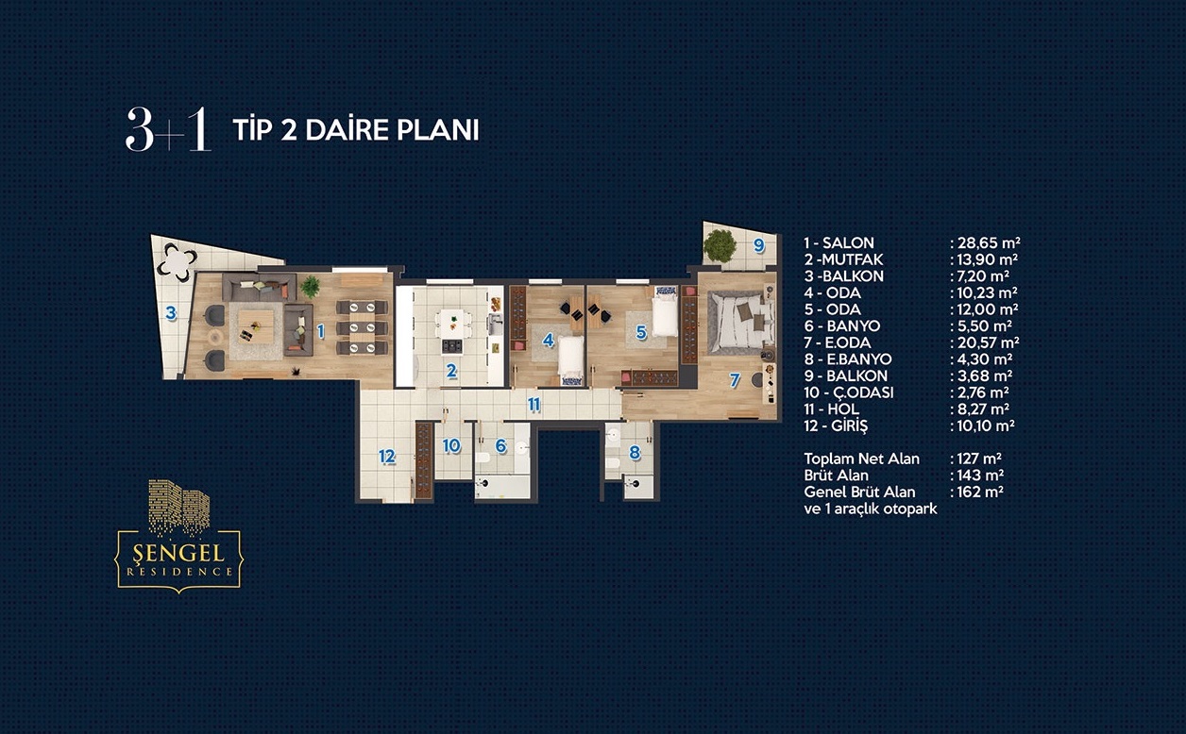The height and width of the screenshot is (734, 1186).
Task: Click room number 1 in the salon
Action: coord(320,331)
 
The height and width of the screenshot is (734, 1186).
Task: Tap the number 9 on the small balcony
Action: coord(759,245)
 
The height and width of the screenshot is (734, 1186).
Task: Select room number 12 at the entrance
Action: coord(387,457)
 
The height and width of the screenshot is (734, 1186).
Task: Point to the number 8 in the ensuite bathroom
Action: coord(635,453)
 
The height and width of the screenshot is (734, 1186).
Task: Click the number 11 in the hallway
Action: coord(534,405)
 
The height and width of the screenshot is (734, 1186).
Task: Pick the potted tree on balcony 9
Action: coord(720,246)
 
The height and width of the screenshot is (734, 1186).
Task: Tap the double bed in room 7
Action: coord(740,323)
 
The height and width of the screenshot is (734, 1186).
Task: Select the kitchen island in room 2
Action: coord(452,332)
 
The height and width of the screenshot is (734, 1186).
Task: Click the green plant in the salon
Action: coord(310,287)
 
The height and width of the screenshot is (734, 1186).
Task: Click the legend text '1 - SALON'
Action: coord(839,243)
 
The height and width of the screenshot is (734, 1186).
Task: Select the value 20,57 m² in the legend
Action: coord(988,342)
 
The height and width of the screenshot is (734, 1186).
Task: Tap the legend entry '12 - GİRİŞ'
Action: coord(836,426)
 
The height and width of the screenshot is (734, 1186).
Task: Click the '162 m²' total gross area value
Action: coord(980,492)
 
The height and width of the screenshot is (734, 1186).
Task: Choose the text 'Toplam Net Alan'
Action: coord(861,459)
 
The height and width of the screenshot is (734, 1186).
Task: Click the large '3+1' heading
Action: coord(168,129)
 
